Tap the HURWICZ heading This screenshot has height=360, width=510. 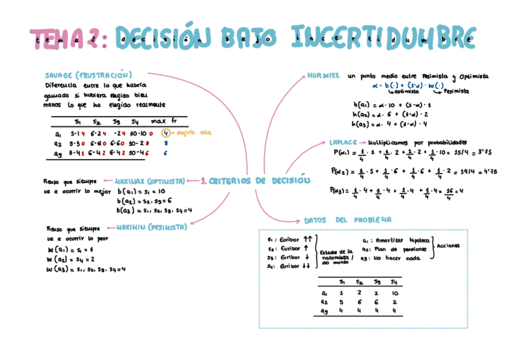(x=324, y=76)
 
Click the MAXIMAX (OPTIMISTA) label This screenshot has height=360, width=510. (x=150, y=180)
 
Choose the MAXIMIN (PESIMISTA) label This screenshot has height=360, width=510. (x=151, y=227)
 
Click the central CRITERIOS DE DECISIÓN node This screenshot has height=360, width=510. (x=256, y=180)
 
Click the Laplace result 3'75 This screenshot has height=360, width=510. (x=467, y=153)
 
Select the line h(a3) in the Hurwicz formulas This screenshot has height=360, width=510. (x=390, y=124)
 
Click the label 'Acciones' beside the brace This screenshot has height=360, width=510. (x=449, y=246)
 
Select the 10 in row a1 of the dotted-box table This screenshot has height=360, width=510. (x=394, y=293)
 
